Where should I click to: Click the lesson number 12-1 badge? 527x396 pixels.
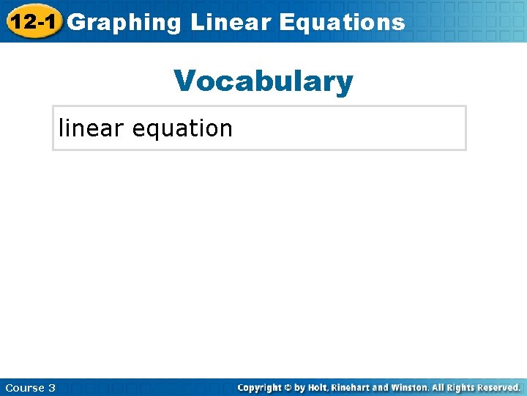31,21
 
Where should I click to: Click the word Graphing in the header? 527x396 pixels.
124,22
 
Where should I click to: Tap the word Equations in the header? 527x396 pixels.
342,22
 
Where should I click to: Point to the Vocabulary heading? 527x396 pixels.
263,81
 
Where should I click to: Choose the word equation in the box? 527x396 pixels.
182,129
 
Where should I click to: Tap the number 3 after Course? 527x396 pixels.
52,387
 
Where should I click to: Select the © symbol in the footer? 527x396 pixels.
294,387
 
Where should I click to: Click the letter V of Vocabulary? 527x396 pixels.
185,81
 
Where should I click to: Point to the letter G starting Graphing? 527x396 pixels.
75,22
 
